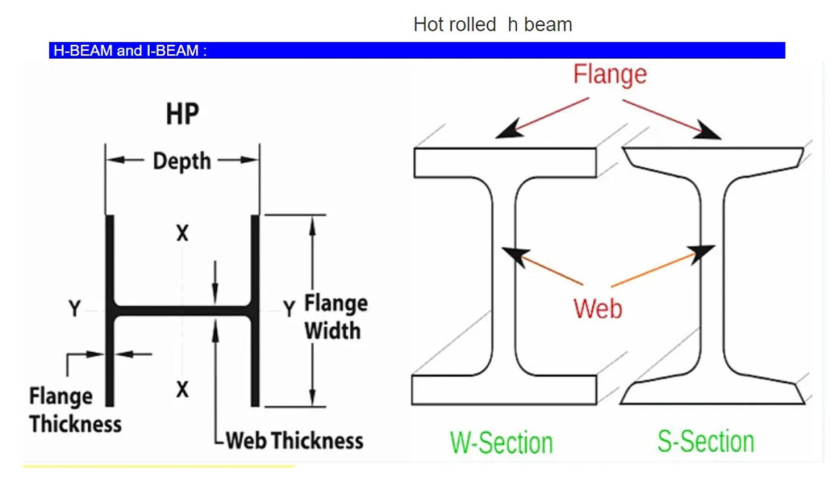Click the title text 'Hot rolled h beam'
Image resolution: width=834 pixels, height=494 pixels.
[x=492, y=25]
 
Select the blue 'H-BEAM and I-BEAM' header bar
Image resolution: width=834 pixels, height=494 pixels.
[x=417, y=51]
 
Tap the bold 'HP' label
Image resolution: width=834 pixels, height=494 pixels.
[x=182, y=115]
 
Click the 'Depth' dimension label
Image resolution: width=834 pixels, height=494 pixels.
[x=181, y=161]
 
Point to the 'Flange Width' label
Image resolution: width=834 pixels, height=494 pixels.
[x=335, y=317]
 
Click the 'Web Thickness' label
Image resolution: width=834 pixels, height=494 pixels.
[x=294, y=441]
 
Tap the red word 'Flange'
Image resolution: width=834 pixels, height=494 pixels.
[x=610, y=74]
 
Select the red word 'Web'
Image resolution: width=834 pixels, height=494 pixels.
[x=597, y=308]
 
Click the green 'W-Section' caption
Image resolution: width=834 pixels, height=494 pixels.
[x=501, y=443]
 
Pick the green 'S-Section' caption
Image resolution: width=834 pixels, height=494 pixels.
[x=705, y=441]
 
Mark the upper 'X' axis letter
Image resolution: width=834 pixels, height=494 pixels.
[x=182, y=234]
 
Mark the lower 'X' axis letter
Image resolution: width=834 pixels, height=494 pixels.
[x=182, y=390]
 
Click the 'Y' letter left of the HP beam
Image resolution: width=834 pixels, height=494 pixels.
[x=74, y=309]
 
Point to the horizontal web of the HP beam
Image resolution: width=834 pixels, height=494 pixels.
[x=182, y=311]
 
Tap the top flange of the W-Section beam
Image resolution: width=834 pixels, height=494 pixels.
[x=505, y=163]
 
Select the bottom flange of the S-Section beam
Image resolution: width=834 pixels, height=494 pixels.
[x=712, y=393]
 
